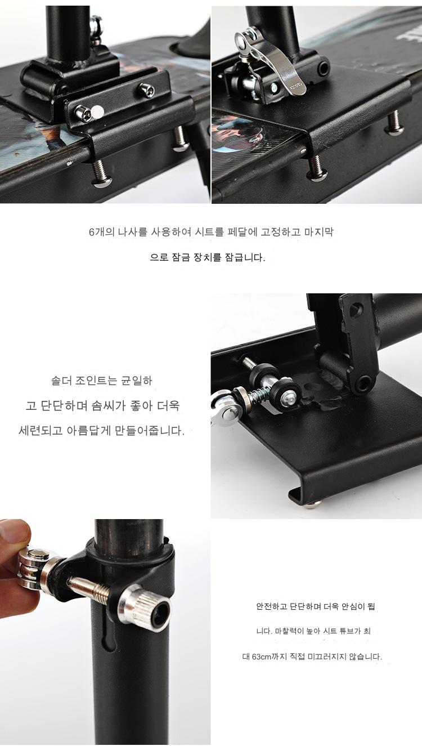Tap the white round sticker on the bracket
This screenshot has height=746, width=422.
(97, 112)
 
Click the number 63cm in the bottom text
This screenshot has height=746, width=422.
(261, 656)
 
